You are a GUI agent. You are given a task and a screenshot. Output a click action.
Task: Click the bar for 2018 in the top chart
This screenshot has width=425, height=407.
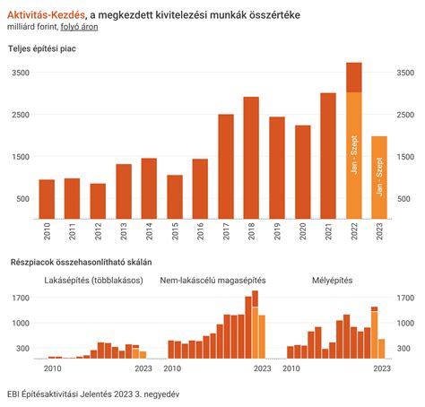click(x=251, y=157)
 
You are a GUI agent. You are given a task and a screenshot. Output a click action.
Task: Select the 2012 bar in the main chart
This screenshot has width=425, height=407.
click(x=98, y=201)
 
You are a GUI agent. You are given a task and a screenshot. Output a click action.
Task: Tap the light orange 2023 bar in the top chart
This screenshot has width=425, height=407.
click(x=379, y=178)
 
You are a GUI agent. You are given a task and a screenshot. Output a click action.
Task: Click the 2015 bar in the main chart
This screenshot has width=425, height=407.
click(x=175, y=196)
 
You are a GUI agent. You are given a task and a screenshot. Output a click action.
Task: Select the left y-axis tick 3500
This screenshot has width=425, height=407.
click(x=20, y=73)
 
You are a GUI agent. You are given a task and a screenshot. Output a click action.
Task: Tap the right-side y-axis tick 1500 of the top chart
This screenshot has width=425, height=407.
click(x=403, y=157)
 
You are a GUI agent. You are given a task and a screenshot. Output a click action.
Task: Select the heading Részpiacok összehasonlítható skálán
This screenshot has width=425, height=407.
click(x=80, y=263)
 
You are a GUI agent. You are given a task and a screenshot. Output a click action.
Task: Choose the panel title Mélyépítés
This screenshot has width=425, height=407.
click(x=333, y=280)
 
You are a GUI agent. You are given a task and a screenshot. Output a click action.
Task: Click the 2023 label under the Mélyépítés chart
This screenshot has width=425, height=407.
click(x=380, y=368)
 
